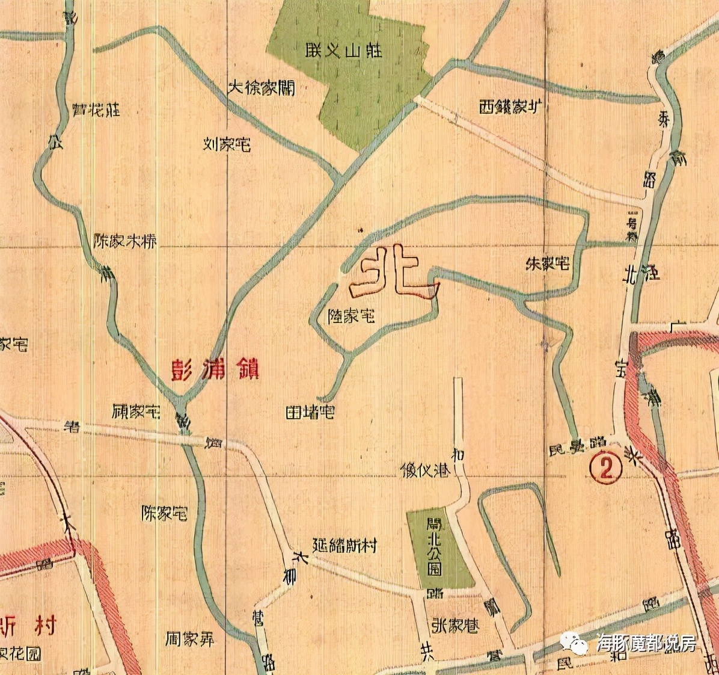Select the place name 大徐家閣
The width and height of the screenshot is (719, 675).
tap(261, 88)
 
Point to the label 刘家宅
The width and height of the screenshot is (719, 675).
tap(226, 144)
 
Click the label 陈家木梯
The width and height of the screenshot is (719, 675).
tap(126, 241)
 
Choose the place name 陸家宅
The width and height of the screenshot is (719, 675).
tap(351, 315)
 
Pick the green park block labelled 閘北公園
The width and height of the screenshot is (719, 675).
tap(439, 549)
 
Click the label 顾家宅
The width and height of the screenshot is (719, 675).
tap(136, 412)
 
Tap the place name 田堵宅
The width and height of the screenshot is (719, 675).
tap(310, 413)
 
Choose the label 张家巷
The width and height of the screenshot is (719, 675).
tap(455, 626)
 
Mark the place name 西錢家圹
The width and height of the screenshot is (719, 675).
tap(512, 107)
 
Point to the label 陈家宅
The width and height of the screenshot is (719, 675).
tap(164, 514)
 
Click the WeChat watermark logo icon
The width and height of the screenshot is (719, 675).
tap(579, 643)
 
